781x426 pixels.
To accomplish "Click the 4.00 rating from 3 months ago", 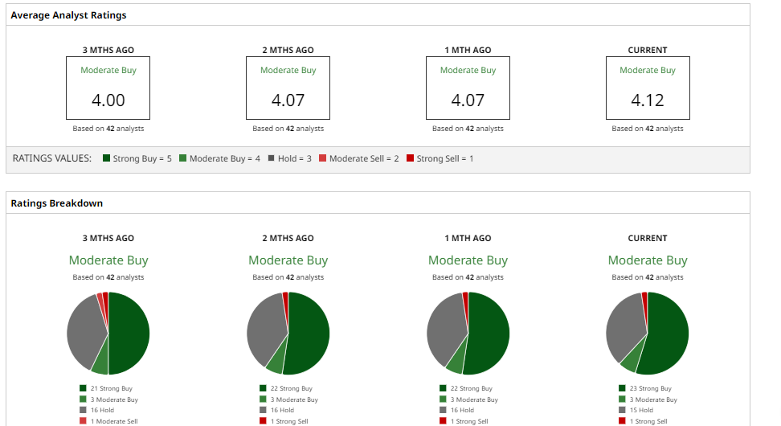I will pyautogui.click(x=108, y=100).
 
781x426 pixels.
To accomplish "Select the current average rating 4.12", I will pyautogui.click(x=647, y=100).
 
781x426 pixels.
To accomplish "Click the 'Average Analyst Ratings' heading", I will pyautogui.click(x=68, y=15).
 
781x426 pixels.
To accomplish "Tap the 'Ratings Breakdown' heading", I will pyautogui.click(x=56, y=203).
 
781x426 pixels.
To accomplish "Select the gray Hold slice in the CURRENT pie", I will pyautogui.click(x=623, y=326).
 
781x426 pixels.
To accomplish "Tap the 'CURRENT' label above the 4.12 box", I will pyautogui.click(x=647, y=50).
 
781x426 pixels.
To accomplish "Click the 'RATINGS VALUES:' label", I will pyautogui.click(x=52, y=158).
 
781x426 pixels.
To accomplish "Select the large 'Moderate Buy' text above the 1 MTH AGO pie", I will pyautogui.click(x=468, y=260).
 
